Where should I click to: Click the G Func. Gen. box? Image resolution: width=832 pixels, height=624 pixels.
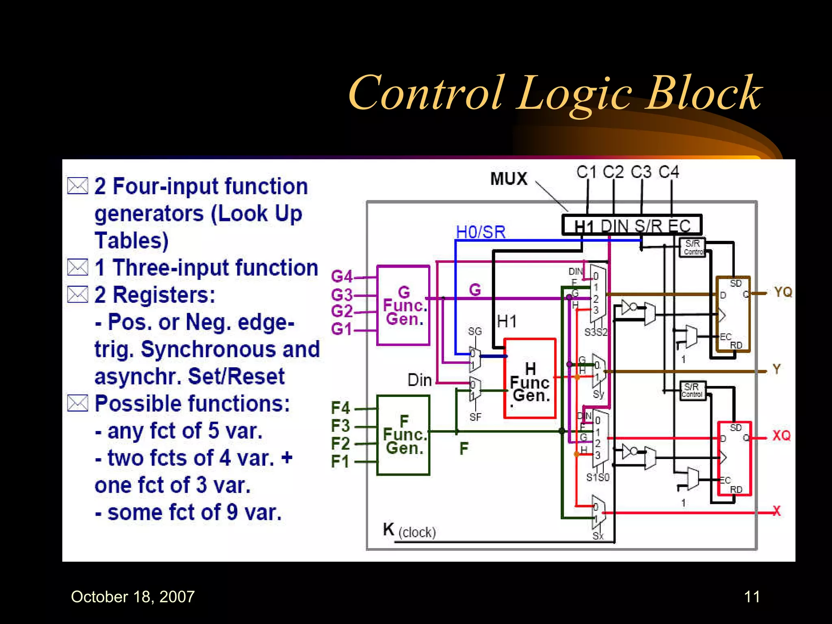403,305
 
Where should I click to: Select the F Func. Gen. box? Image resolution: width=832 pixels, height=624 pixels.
403,435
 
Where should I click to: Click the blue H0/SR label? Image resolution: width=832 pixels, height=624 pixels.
481,232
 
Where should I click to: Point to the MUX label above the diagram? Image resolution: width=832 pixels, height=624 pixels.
509,179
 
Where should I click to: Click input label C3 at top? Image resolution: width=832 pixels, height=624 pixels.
641,172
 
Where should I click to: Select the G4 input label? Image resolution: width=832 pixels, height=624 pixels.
342,277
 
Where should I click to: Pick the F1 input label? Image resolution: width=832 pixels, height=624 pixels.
340,461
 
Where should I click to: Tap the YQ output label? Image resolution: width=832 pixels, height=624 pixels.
783,292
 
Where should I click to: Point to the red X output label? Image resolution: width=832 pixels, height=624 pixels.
776,511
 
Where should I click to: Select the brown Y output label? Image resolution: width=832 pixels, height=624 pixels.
777,369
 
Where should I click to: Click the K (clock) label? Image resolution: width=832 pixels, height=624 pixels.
409,531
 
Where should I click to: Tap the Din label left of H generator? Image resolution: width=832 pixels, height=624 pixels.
420,380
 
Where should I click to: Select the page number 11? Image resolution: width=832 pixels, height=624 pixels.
752,596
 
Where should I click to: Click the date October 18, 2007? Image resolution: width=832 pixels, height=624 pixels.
133,596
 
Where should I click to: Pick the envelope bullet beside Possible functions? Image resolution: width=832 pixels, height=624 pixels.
77,403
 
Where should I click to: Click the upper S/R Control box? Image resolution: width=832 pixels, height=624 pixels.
693,247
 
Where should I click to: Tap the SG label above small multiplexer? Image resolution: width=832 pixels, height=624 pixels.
474,331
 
